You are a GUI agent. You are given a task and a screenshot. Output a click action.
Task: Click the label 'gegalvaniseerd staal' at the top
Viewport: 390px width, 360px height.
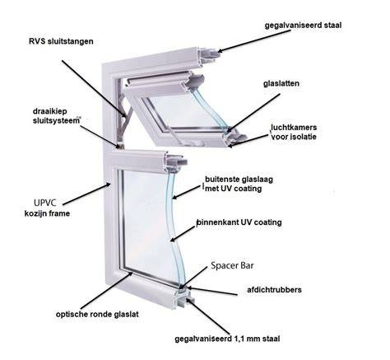[303, 26]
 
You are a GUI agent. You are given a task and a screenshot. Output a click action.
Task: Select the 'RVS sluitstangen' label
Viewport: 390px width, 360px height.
[61, 41]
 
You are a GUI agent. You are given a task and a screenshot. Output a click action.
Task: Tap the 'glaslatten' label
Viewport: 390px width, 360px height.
[281, 83]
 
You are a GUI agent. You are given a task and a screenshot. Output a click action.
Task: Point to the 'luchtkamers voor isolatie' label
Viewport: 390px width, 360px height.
[294, 132]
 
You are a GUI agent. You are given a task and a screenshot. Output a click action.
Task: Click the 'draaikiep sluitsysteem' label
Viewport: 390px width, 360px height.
[57, 116]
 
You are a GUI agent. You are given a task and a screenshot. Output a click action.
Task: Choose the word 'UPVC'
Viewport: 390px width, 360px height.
[45, 203]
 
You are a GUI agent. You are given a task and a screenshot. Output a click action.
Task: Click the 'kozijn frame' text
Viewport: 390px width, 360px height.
[47, 213]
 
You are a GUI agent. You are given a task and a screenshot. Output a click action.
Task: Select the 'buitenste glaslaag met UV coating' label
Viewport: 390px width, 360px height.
[239, 184]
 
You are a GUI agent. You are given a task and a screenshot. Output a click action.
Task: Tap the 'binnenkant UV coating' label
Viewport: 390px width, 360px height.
[239, 222]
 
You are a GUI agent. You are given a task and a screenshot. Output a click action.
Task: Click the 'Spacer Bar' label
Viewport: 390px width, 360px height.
[232, 265]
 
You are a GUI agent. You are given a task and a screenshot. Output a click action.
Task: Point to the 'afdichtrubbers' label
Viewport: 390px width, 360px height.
[274, 290]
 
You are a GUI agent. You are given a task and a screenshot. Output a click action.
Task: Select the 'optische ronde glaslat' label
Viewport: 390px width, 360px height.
[97, 315]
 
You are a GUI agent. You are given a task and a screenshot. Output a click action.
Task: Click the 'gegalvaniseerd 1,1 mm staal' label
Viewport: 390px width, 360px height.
[227, 339]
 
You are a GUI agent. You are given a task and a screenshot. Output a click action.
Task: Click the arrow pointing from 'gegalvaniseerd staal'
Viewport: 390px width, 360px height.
[254, 40]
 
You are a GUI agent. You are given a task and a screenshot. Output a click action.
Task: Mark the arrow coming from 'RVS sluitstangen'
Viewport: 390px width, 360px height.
[95, 89]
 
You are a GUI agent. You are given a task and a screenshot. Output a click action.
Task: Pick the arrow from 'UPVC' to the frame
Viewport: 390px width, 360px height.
[86, 194]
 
